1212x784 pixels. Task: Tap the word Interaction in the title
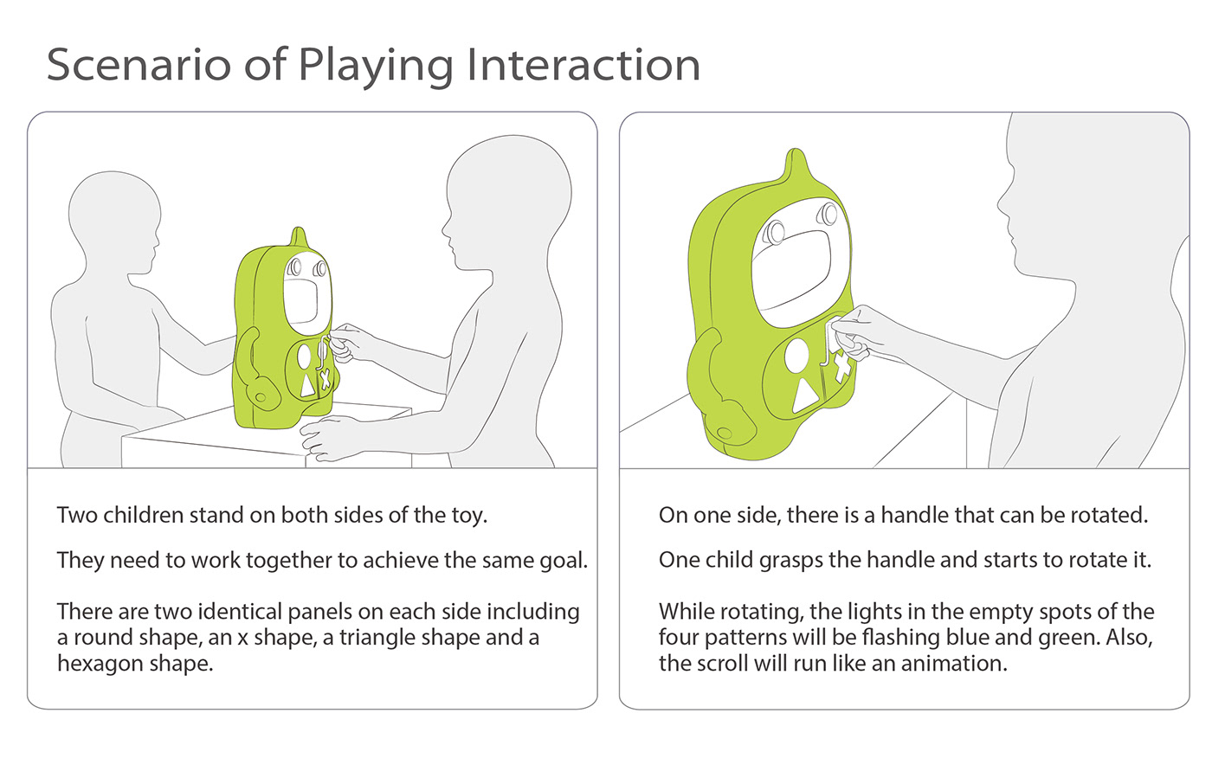pos(583,65)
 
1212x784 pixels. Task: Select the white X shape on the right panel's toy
pos(841,367)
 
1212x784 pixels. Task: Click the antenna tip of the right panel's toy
pos(796,151)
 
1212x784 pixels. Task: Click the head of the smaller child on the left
pos(114,222)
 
